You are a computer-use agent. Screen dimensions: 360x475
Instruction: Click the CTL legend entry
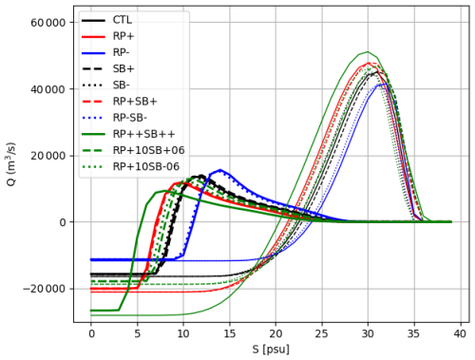click(122, 19)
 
